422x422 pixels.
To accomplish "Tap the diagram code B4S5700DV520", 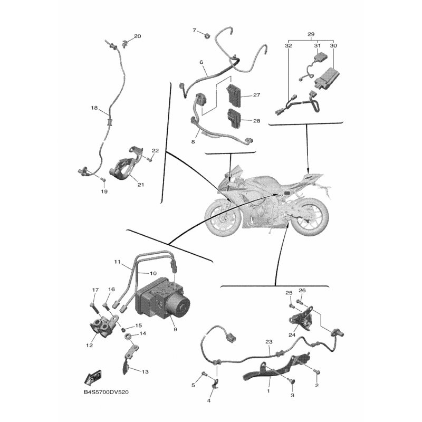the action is point(106,392).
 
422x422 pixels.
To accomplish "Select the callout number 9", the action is point(175,329).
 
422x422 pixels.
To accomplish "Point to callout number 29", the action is point(311,34).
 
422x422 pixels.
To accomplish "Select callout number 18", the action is point(94,108).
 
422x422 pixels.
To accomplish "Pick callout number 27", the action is point(257,95).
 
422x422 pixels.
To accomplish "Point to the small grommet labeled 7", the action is point(207,35).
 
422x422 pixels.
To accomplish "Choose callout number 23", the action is point(269,342).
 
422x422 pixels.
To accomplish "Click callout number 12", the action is point(90,345).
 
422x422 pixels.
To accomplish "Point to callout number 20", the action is point(138,36).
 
